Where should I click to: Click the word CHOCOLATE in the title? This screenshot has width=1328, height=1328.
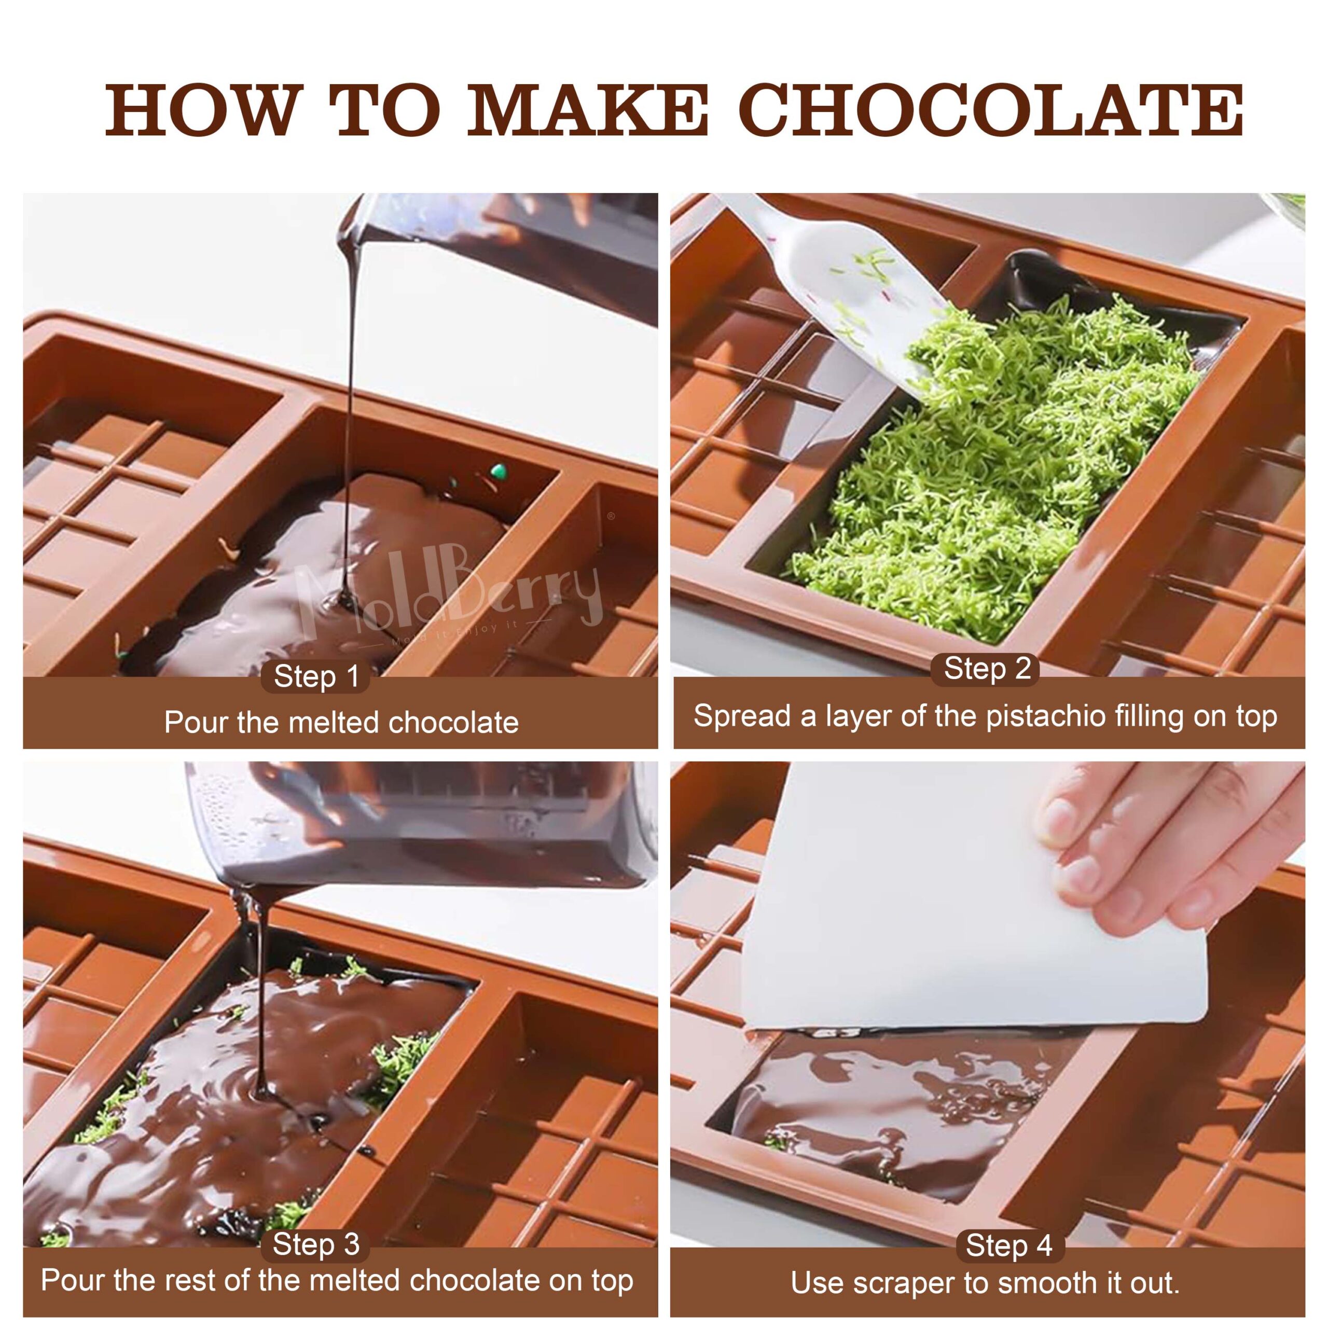tap(994, 110)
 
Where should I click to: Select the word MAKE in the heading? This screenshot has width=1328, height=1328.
tap(588, 110)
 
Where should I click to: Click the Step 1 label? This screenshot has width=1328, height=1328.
tap(316, 676)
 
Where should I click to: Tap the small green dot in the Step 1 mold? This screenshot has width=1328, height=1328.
tap(499, 472)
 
